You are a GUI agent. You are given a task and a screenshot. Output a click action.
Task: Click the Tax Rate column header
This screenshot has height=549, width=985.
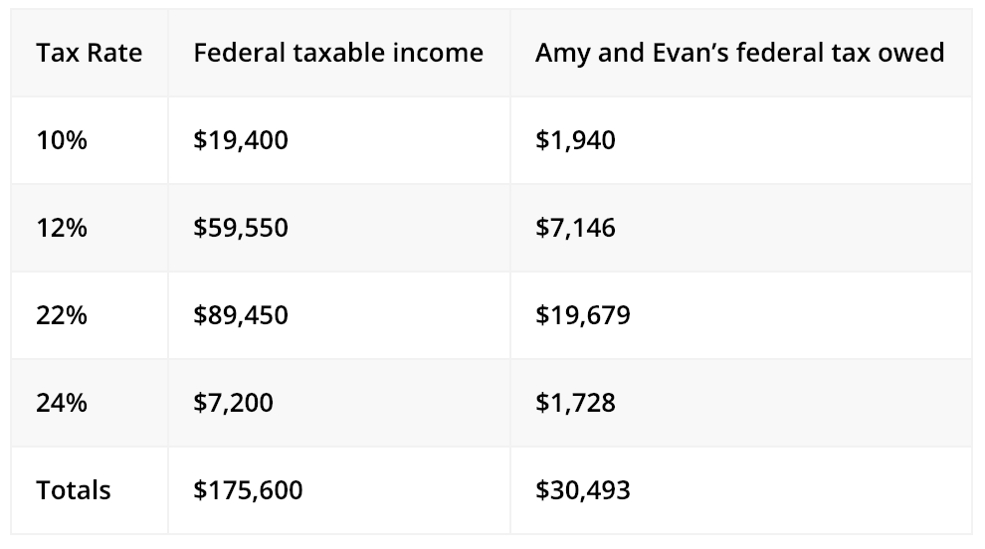[89, 53]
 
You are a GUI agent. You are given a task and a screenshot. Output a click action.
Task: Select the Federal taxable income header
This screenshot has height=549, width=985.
[338, 53]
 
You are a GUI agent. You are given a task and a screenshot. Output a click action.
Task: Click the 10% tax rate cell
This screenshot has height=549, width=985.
[62, 140]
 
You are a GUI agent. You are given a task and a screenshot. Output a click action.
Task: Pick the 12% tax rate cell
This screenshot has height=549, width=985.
[62, 228]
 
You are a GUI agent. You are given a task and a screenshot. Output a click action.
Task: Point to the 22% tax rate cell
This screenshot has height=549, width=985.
[62, 315]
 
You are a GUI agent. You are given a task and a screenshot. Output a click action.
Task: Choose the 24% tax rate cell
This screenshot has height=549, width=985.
[62, 403]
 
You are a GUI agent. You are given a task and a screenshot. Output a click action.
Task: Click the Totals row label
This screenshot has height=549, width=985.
[74, 490]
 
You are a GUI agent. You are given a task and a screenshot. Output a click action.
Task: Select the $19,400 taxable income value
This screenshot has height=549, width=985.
[241, 140]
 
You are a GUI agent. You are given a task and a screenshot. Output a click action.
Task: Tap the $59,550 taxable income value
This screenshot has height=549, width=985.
[241, 228]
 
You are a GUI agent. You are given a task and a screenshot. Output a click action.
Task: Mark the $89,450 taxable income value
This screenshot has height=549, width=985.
[241, 315]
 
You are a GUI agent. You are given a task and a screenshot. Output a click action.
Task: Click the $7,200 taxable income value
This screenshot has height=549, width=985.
[234, 403]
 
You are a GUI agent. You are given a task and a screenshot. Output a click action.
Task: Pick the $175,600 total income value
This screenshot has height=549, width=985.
[248, 490]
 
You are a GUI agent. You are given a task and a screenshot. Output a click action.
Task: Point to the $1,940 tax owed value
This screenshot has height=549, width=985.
[575, 140]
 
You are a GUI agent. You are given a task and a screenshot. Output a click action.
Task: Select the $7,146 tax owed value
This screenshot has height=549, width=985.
[575, 228]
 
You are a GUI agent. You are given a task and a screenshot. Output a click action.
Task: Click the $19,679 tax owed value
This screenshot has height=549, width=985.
[582, 315]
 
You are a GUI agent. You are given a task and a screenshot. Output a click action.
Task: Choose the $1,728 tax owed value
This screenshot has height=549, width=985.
[575, 403]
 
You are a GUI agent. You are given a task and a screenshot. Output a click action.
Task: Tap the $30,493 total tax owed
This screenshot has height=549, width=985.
[582, 490]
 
